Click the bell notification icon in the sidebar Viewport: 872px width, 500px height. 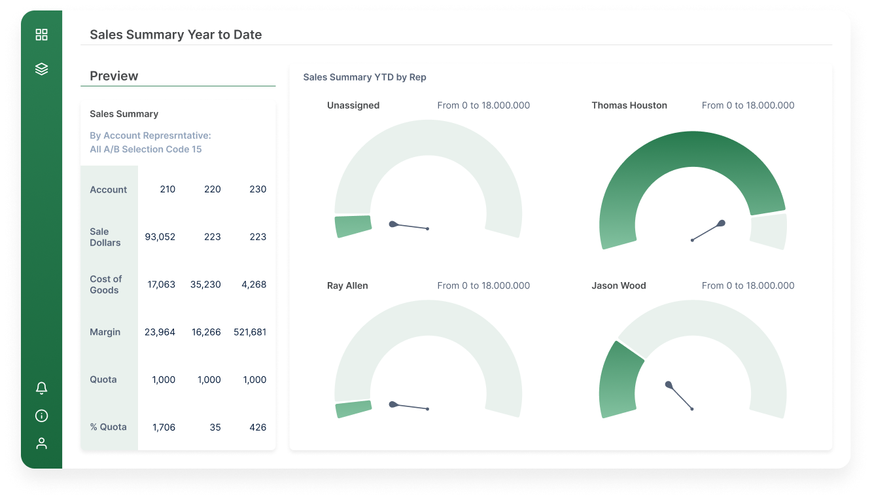41,388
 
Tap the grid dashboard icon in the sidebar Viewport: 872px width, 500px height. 41,35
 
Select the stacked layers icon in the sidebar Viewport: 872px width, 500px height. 41,69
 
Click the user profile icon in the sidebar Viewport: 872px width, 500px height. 41,444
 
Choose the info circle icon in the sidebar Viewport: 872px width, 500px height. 41,416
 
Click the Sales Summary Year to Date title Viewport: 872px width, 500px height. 175,35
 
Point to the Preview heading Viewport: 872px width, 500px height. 114,76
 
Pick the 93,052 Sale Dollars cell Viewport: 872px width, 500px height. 160,237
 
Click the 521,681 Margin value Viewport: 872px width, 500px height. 250,332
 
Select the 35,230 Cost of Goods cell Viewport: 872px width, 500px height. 205,285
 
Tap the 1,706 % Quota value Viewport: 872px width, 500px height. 164,427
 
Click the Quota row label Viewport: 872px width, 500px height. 103,380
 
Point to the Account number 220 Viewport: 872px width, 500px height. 212,189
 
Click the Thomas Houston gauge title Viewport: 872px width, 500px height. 629,105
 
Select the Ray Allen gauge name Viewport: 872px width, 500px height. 347,285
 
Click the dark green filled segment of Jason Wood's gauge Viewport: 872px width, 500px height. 618,380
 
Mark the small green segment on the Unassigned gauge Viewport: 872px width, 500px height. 353,226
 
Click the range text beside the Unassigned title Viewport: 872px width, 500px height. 483,105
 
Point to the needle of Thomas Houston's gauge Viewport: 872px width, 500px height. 708,232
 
